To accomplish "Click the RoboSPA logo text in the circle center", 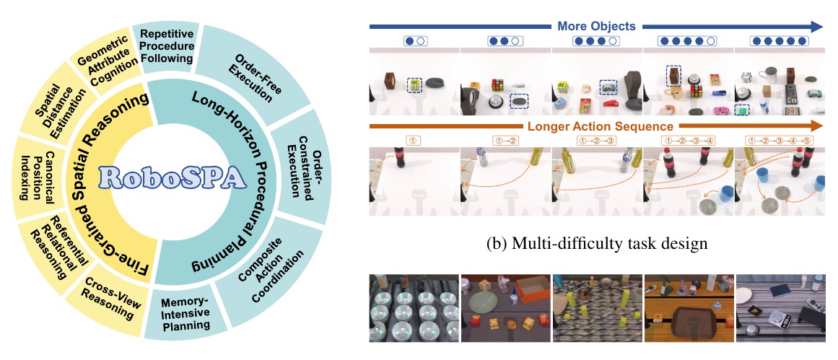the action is tap(173, 178).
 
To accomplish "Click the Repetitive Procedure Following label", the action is tap(166, 46).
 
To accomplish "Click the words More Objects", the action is tap(596, 26).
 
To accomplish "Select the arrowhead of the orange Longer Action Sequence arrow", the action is tap(816, 126).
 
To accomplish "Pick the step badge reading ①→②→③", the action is tap(597, 141).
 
